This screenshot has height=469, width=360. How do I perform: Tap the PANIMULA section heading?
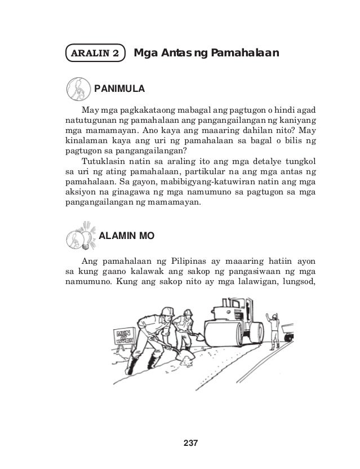pyautogui.click(x=120, y=89)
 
